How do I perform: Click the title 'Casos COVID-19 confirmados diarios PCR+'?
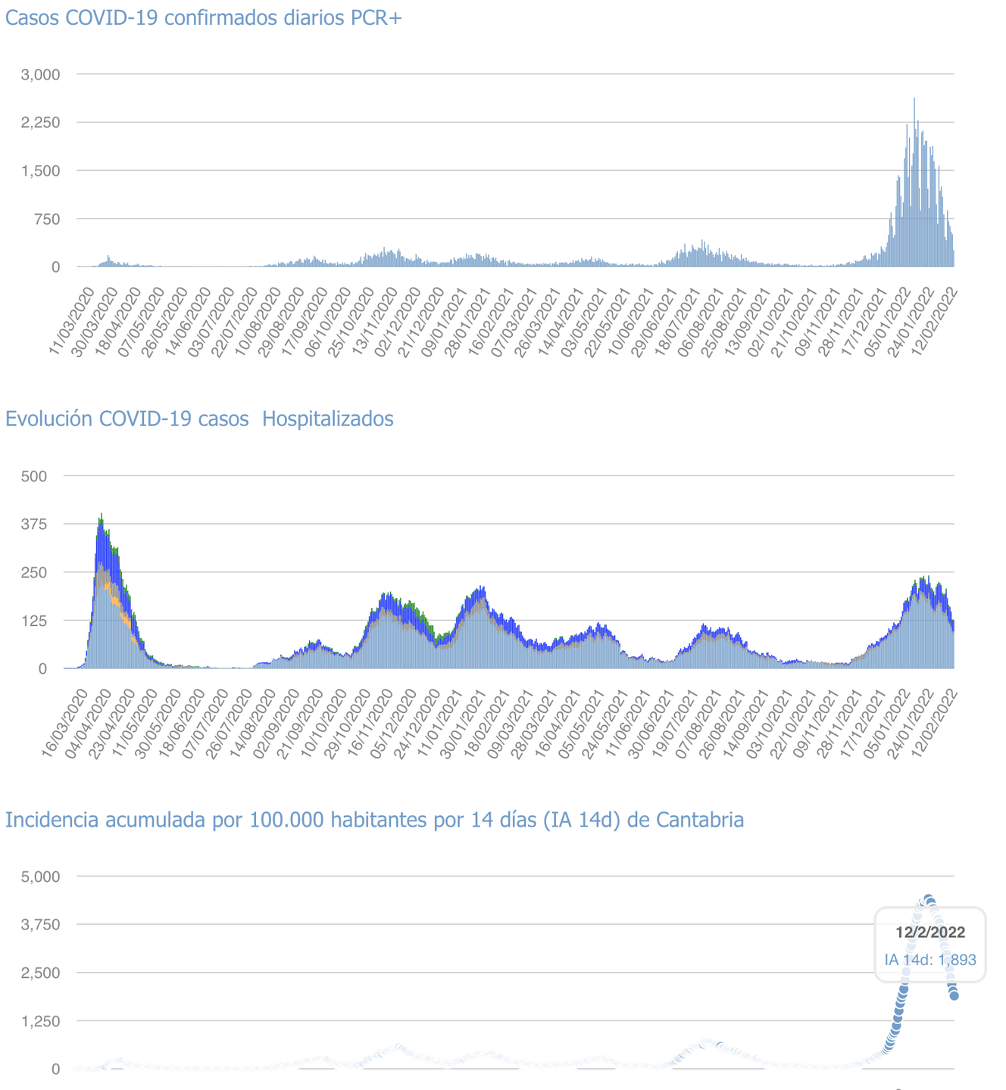203,18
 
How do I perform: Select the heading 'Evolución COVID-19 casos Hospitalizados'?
199,419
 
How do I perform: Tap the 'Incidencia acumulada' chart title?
374,820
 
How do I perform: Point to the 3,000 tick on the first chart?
40,74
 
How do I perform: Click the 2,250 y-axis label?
40,123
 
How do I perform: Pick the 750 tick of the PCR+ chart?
45,219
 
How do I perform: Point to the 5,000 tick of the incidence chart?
40,877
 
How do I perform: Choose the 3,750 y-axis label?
40,925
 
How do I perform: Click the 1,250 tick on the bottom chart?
40,1021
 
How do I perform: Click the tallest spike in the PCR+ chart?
914,99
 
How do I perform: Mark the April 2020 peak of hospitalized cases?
102,515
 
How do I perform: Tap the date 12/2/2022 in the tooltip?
930,933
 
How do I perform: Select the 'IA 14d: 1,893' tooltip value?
930,960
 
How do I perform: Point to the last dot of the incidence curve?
954,995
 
